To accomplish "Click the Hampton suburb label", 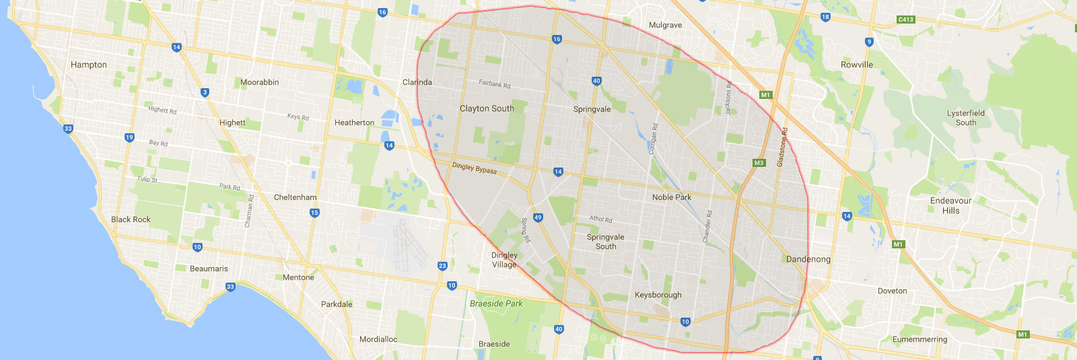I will point(89,65).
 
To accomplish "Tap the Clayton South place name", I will point(487,108).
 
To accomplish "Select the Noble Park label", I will point(672,197).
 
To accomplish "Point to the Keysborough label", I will point(658,295).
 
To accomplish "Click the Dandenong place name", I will point(808,259).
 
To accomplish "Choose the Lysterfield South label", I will point(965,118).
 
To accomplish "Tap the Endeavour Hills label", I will point(950,205).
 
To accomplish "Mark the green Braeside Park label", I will point(496,303).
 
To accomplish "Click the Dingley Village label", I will point(504,260).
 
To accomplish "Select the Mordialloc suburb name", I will point(378,339).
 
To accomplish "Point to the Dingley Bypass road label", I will point(475,168).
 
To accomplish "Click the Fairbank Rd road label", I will point(495,84).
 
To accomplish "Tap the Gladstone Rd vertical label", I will point(782,147).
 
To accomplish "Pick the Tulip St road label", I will point(147,179).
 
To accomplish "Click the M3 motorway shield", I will point(759,163).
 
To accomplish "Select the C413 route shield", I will point(906,20).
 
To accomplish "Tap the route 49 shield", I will point(538,217).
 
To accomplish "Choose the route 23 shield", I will point(442,266).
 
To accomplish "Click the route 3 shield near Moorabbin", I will point(205,92).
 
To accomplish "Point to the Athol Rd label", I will point(600,219).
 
